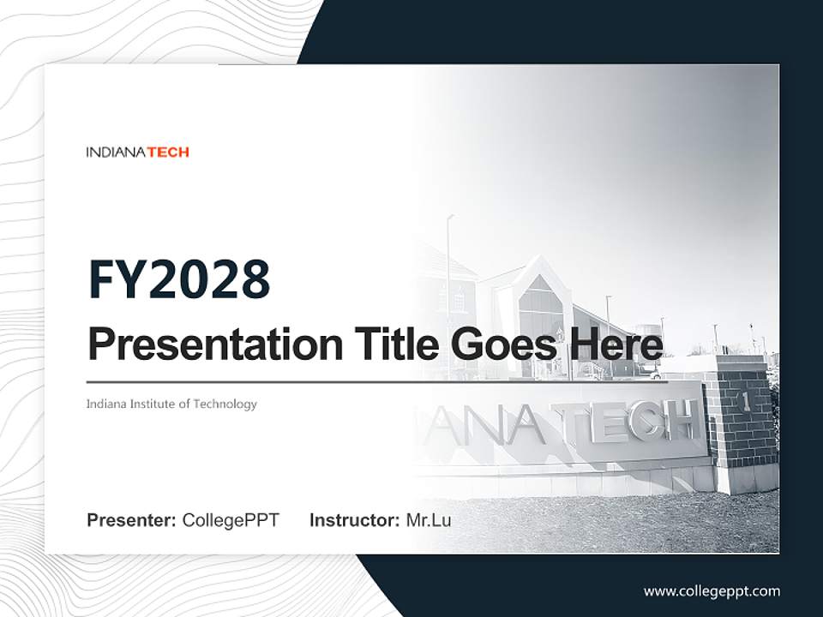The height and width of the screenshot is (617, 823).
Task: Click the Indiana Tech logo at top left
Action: [x=137, y=153]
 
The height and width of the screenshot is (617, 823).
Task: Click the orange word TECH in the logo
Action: [x=169, y=153]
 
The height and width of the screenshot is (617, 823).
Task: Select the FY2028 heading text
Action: [x=179, y=279]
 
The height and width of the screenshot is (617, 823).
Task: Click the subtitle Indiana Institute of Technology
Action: [x=171, y=404]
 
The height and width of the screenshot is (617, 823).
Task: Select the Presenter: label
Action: [x=132, y=520]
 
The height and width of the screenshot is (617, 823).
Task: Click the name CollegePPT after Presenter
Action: [x=231, y=520]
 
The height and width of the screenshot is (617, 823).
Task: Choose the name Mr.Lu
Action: [x=428, y=520]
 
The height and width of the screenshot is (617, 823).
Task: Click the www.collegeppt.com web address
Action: [x=712, y=590]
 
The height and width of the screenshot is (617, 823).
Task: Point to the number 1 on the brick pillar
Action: [x=744, y=399]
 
